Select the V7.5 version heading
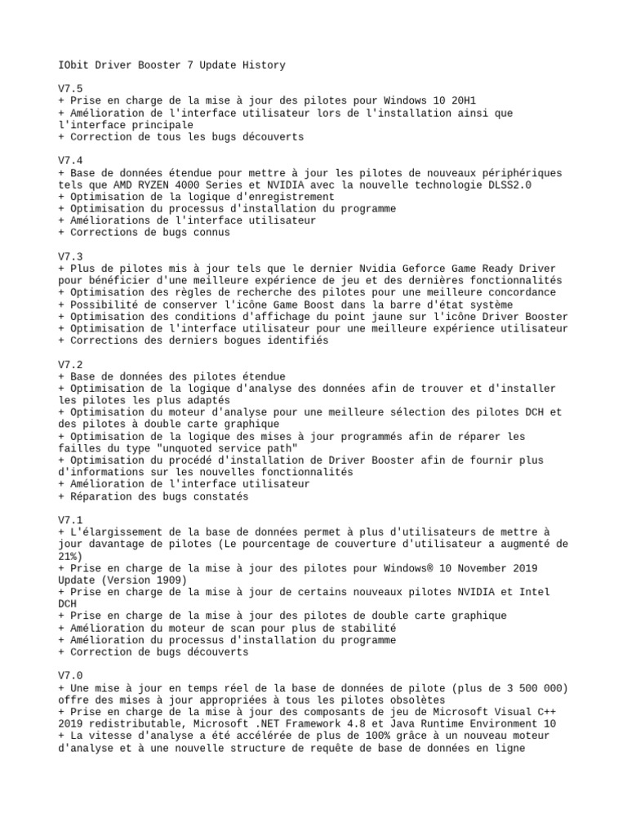[70, 89]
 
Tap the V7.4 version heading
[70, 161]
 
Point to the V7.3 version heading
[70, 256]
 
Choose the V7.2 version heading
[70, 364]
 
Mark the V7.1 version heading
[70, 520]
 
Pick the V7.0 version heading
[70, 676]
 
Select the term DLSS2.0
[505, 185]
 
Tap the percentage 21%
[70, 556]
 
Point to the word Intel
[534, 592]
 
